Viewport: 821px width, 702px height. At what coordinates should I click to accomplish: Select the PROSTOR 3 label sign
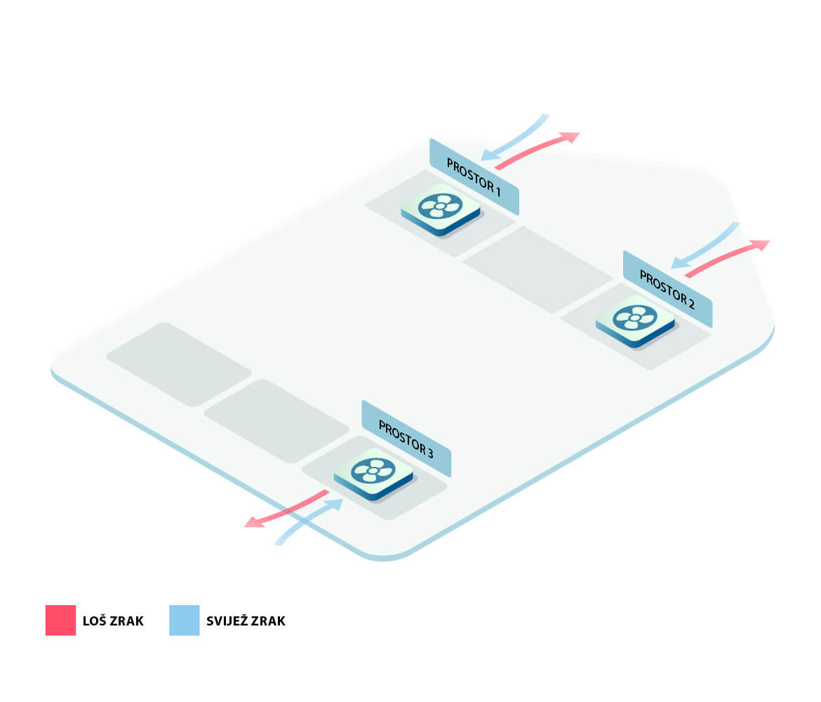point(406,439)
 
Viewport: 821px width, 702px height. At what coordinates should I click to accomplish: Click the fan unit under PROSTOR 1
point(441,208)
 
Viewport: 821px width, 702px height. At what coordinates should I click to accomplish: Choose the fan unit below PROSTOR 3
point(373,472)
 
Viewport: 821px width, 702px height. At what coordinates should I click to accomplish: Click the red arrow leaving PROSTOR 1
point(537,149)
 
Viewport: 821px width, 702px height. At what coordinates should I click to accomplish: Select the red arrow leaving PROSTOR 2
point(726,256)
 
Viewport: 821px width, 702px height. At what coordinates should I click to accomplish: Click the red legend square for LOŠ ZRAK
point(60,621)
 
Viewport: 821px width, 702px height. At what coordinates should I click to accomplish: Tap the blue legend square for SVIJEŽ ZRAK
point(184,621)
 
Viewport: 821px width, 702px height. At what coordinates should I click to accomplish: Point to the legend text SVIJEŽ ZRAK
point(246,621)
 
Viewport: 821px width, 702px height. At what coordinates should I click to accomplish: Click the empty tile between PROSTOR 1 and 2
point(538,270)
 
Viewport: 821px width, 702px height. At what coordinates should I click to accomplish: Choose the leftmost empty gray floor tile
point(179,364)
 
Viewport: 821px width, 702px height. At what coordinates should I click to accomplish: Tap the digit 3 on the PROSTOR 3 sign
point(429,453)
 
